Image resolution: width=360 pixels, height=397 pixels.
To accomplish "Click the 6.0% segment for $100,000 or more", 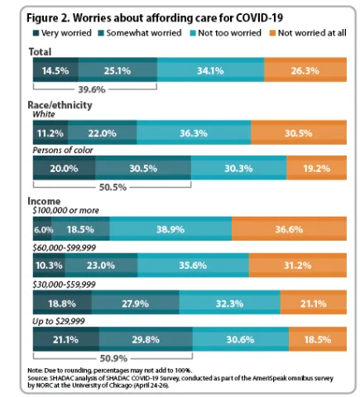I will click(43, 229).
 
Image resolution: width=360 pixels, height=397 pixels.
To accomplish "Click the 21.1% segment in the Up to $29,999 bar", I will click(65, 339).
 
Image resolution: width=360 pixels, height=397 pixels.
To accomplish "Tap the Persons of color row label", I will click(63, 151).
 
